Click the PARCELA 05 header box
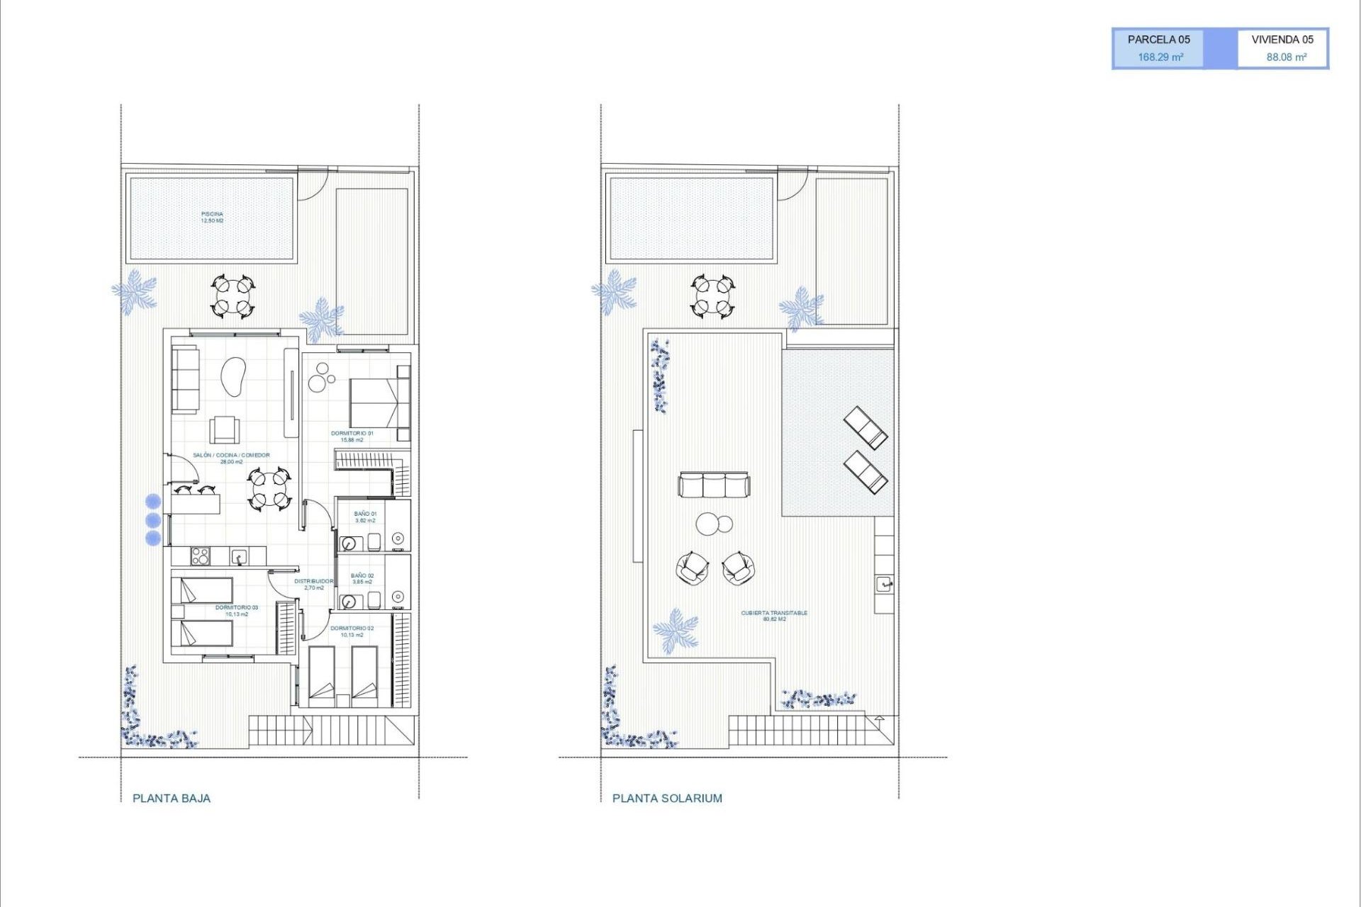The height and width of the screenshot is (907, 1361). coord(1158,40)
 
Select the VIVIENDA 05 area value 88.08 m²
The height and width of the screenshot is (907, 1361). coord(1286,57)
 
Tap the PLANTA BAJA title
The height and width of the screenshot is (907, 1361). coord(172,798)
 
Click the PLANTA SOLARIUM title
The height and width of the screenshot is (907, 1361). coord(667,798)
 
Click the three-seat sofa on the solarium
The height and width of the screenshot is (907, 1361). coord(713,485)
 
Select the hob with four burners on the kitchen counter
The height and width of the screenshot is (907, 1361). coord(201,556)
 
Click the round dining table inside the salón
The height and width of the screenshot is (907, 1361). coord(269,489)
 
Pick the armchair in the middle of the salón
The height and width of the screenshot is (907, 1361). coord(224,429)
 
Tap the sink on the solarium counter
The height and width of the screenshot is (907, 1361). coord(884,584)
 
